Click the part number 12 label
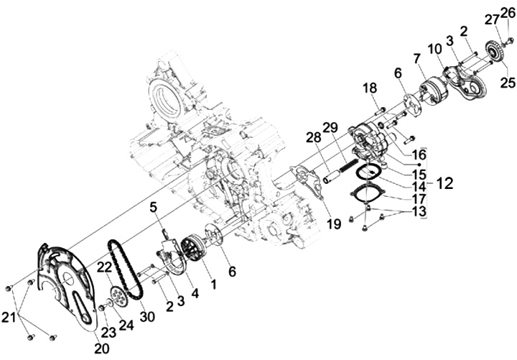[444, 183]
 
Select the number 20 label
[101, 349]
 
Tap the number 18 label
[369, 87]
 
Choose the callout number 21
[9, 316]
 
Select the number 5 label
[152, 208]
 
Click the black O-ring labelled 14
[369, 172]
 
